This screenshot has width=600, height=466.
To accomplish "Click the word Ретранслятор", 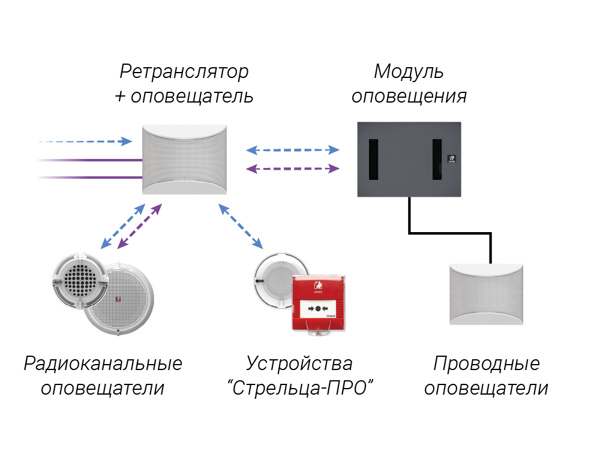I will coord(184,72).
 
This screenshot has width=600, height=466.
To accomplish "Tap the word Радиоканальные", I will coord(103,363).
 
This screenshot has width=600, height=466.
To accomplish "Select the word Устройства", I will coord(299,363).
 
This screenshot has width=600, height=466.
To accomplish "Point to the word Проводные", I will coord(486,363).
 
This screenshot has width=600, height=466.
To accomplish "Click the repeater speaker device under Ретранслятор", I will coord(185,160).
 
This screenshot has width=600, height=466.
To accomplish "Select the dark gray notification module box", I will coord(410,180).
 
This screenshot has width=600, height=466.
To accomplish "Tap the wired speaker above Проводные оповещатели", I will coord(487,294).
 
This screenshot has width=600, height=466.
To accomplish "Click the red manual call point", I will coord(318,306).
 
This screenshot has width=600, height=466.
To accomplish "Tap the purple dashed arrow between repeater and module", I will coord(293,169).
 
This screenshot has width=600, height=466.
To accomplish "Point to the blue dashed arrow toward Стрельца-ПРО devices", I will coord(241,226).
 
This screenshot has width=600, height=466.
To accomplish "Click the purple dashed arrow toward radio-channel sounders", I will coord(140,226).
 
